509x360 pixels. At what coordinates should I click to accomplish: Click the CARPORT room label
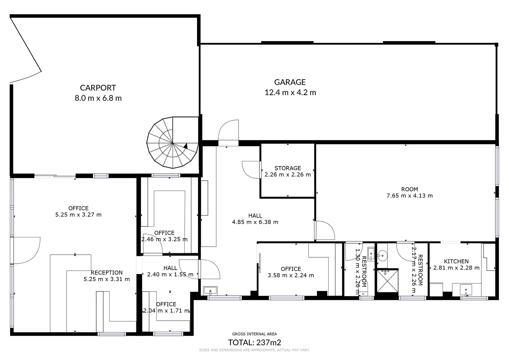point(98,88)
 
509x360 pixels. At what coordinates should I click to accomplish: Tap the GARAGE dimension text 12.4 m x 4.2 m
point(290,93)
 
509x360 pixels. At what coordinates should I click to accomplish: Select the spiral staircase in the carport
point(173,143)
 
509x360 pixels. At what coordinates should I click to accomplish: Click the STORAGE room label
point(288,168)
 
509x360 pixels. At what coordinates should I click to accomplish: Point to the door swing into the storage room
point(251,170)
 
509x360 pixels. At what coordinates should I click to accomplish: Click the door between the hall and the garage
point(228,133)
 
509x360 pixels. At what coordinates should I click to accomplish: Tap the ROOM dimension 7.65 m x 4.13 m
point(409,196)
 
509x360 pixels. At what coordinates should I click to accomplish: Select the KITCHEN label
point(456,261)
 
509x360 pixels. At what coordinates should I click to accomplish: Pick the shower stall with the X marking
point(387,281)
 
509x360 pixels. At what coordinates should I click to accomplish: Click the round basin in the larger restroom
point(383,256)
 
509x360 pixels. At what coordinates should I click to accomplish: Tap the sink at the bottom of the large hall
point(210,291)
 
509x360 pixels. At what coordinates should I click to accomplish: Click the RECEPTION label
point(107,272)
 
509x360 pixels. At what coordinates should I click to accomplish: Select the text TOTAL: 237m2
point(254,342)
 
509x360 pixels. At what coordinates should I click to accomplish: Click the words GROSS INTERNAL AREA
point(254,334)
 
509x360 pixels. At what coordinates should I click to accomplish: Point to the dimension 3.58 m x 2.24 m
point(291,275)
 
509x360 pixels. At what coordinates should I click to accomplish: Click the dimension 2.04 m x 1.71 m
point(166,311)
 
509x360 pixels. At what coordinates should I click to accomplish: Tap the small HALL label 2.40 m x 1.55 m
point(170,271)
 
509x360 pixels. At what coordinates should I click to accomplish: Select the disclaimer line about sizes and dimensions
point(254,350)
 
